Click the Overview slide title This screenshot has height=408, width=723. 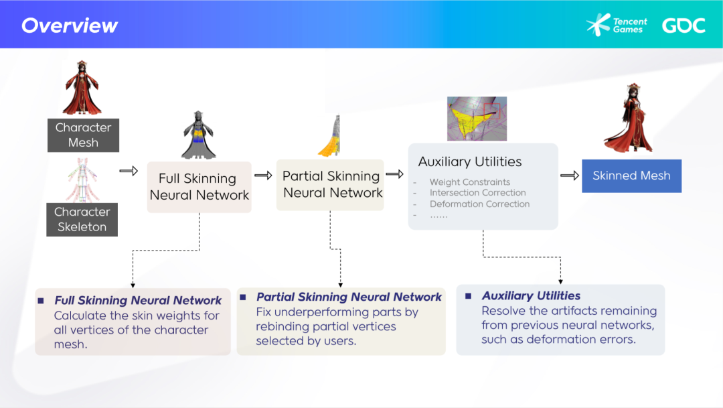[70, 25]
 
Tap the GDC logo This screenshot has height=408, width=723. [684, 25]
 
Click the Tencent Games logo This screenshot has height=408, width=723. [617, 25]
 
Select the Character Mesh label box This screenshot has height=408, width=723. [83, 135]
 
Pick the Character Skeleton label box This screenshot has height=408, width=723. [82, 220]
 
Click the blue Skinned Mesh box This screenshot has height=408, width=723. [631, 176]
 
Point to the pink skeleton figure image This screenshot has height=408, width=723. [82, 180]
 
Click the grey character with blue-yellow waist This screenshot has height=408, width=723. [198, 135]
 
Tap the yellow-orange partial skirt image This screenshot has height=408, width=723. [330, 136]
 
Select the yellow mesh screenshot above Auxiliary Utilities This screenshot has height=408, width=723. [477, 119]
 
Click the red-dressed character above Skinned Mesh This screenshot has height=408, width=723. [631, 118]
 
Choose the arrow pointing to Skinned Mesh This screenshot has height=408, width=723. [570, 176]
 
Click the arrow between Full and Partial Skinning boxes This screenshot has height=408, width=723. [263, 176]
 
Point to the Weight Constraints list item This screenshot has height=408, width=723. [470, 182]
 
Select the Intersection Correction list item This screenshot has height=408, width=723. [478, 192]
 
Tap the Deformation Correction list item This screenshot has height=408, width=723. [479, 204]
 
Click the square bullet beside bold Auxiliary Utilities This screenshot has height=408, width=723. [468, 296]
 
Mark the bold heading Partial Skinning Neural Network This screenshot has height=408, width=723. [349, 297]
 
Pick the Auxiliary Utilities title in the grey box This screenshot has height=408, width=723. [470, 161]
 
